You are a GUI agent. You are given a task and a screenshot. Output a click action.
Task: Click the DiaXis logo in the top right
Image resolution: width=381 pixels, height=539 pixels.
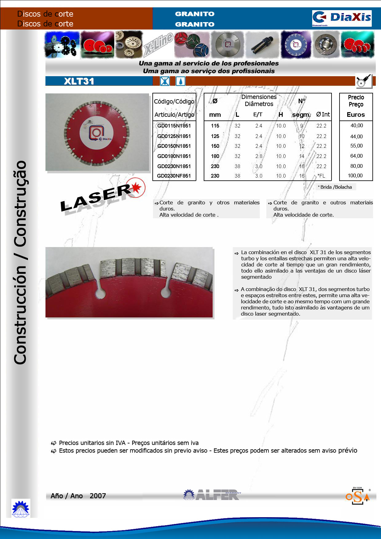pyautogui.click(x=342, y=18)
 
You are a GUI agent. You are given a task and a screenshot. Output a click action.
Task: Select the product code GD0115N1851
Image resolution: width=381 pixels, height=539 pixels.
pyautogui.click(x=174, y=126)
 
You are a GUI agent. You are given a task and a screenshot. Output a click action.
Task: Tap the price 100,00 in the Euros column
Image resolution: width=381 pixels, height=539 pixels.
pyautogui.click(x=355, y=175)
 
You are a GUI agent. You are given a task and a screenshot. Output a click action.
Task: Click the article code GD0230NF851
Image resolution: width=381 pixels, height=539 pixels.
pyautogui.click(x=174, y=176)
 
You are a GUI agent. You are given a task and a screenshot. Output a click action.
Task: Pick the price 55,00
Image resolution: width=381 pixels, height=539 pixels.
pyautogui.click(x=356, y=146)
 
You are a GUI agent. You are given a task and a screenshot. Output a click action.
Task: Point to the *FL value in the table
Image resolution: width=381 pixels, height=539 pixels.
pyautogui.click(x=321, y=176)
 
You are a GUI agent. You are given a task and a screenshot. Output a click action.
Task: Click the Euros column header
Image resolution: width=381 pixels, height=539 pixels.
pyautogui.click(x=356, y=115)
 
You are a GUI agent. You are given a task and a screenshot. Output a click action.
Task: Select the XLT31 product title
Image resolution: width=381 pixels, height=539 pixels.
pyautogui.click(x=79, y=81)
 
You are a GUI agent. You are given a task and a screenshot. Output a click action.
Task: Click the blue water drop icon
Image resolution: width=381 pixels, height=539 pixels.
pyautogui.click(x=180, y=81)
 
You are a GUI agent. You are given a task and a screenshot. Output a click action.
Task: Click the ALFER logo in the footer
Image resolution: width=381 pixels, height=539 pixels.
pyautogui.click(x=212, y=495)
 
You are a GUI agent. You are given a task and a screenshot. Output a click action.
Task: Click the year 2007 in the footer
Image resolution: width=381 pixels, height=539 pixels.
pyautogui.click(x=98, y=496)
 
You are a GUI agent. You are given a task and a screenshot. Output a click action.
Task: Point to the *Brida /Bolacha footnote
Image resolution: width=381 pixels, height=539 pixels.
pyautogui.click(x=335, y=187)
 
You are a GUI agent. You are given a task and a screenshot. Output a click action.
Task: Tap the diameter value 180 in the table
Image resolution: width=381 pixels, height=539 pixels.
pyautogui.click(x=215, y=156)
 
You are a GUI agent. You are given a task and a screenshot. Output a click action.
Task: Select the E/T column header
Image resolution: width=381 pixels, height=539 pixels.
pyautogui.click(x=258, y=115)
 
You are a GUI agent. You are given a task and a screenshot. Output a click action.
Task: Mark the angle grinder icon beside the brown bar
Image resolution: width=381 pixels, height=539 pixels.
pyautogui.click(x=364, y=81)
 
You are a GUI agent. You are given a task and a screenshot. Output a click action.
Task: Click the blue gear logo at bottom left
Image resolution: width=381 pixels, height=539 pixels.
pyautogui.click(x=21, y=508)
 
